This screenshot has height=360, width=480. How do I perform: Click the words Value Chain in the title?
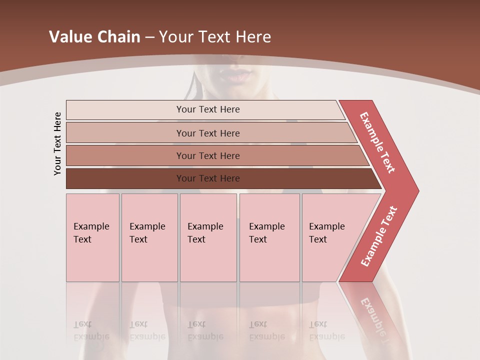point(94,36)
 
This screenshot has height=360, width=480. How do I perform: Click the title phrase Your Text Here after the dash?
point(215,36)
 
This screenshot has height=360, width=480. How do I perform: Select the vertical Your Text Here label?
point(57,144)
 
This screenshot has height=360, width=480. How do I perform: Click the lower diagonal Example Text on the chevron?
point(379,236)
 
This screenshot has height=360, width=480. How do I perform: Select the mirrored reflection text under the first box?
point(91,331)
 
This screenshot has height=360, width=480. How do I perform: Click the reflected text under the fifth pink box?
point(326,331)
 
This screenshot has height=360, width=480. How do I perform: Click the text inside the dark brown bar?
point(208,178)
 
